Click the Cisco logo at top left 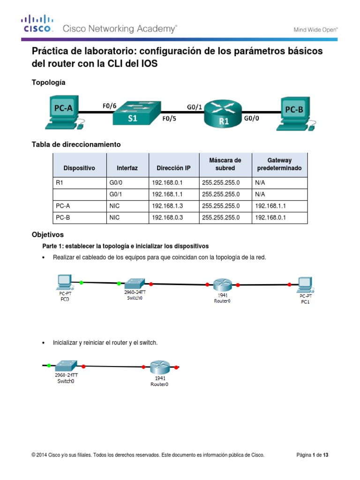[37, 24]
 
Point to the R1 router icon [223, 114]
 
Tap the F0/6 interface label [110, 105]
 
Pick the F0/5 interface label [169, 119]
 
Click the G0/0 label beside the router [251, 119]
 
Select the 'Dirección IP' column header [173, 168]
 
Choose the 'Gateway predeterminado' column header [279, 164]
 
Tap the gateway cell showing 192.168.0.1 [270, 217]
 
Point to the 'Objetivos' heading [47, 234]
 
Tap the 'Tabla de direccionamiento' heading [76, 144]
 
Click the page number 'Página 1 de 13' [313, 455]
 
